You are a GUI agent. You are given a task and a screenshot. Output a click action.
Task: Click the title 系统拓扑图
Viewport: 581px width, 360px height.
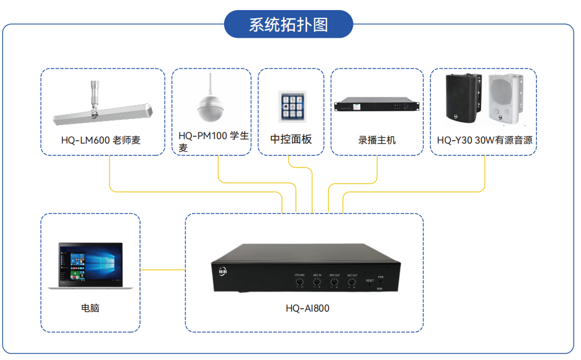point(288,24)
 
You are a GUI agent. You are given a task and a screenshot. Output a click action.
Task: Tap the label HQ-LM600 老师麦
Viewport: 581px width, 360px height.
point(101,140)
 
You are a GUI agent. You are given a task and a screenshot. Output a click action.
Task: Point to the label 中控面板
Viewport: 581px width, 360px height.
point(291,139)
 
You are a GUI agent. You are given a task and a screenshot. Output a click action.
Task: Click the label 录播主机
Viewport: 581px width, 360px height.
point(377,140)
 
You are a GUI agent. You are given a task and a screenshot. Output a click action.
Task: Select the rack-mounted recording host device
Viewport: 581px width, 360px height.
point(376,106)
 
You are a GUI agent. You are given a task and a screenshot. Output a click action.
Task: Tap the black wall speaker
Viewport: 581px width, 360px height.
point(463,99)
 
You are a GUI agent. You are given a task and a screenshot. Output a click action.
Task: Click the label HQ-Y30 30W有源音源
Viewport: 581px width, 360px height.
point(484,140)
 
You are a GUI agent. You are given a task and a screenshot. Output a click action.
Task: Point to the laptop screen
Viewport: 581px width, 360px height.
point(91,264)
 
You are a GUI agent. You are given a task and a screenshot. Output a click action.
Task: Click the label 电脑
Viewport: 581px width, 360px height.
point(90,308)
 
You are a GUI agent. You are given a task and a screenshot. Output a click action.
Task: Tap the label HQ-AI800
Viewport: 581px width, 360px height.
point(307,308)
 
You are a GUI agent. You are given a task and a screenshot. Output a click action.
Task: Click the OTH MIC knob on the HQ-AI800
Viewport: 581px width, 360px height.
point(299,283)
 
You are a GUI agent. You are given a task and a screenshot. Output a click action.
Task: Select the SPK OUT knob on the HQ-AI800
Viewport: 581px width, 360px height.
point(334,283)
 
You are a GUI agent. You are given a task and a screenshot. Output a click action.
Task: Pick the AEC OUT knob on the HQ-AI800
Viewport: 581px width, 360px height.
point(352,283)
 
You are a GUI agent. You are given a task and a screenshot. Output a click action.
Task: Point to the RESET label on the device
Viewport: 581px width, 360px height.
point(370,280)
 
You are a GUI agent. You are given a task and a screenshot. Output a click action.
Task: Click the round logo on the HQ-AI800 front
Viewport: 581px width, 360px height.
point(223,272)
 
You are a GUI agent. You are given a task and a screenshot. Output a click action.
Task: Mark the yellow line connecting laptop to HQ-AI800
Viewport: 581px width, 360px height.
point(162,270)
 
